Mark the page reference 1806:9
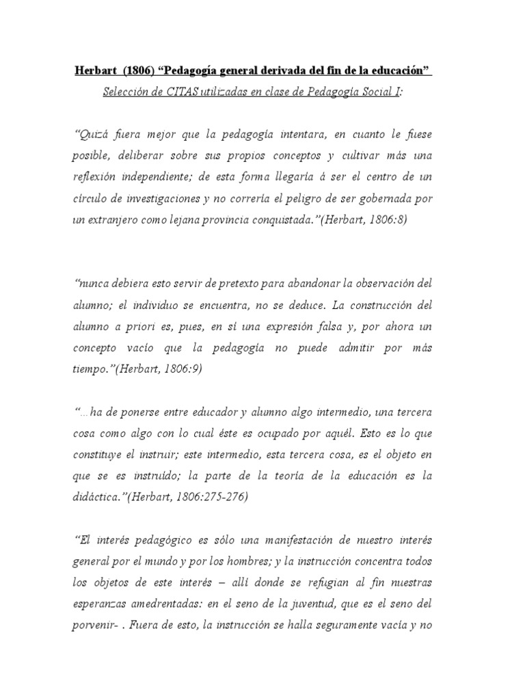click(x=178, y=368)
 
